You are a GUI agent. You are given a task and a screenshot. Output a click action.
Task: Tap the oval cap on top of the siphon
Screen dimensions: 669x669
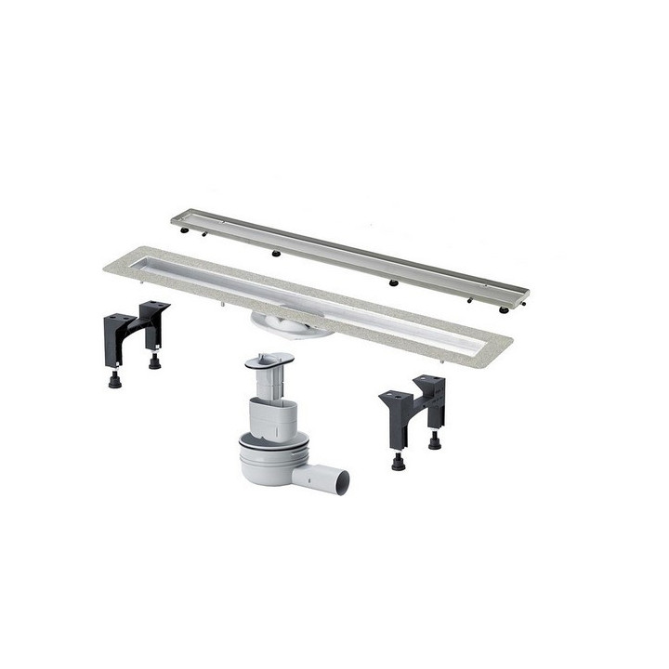[x=270, y=359]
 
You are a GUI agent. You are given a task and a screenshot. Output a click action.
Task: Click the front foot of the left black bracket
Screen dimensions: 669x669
[x=114, y=379]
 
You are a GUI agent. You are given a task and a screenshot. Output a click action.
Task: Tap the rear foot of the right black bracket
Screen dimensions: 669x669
[x=434, y=441]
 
